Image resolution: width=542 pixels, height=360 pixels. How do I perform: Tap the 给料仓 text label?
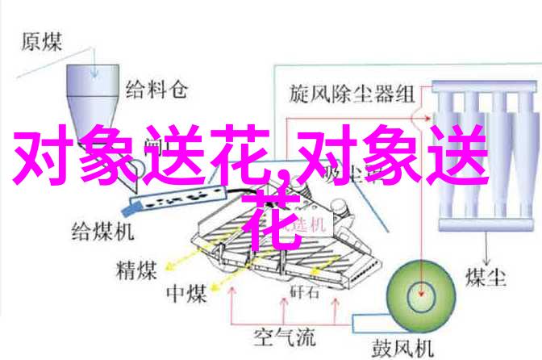tap(156, 90)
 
